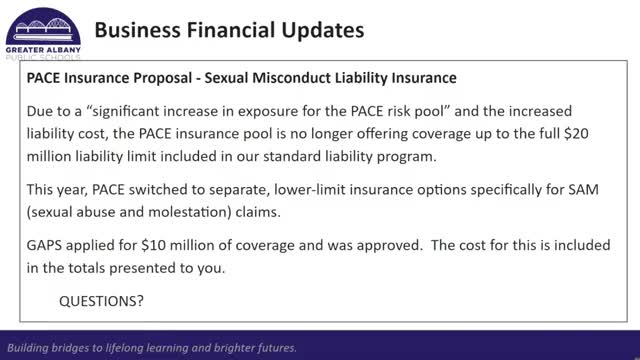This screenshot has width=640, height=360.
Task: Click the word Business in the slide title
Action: point(138,30)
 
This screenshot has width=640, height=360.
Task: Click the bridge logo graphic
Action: point(43,27)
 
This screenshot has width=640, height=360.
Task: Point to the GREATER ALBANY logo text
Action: point(43,50)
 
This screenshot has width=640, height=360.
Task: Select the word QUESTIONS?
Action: point(101,301)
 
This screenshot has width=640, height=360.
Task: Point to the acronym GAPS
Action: point(44,245)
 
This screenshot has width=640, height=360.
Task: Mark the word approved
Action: point(389,246)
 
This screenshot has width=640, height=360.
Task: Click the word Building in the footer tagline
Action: point(26,348)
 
